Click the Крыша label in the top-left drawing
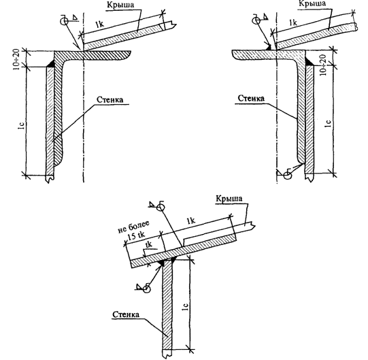120,5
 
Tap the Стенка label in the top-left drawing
110,99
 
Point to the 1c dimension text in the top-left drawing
21,126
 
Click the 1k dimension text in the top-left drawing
99,24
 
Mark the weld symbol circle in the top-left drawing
64,21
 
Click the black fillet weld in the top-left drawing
51,64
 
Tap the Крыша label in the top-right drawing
312,3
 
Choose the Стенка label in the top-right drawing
251,98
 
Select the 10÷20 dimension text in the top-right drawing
323,65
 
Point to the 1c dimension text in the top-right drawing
329,123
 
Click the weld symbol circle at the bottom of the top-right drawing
288,175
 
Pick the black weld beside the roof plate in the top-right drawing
268,47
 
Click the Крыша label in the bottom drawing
229,199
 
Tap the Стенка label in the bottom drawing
126,314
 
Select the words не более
133,227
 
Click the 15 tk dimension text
136,235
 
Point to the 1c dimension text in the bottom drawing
186,307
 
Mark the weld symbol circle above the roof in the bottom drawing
161,208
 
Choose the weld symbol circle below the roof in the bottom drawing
146,289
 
